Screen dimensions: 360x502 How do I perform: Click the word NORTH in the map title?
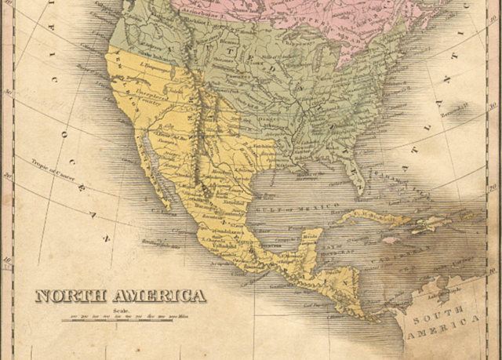[71, 296]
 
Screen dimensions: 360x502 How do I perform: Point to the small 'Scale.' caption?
[119, 310]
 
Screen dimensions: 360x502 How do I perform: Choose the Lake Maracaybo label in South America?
[436, 293]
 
